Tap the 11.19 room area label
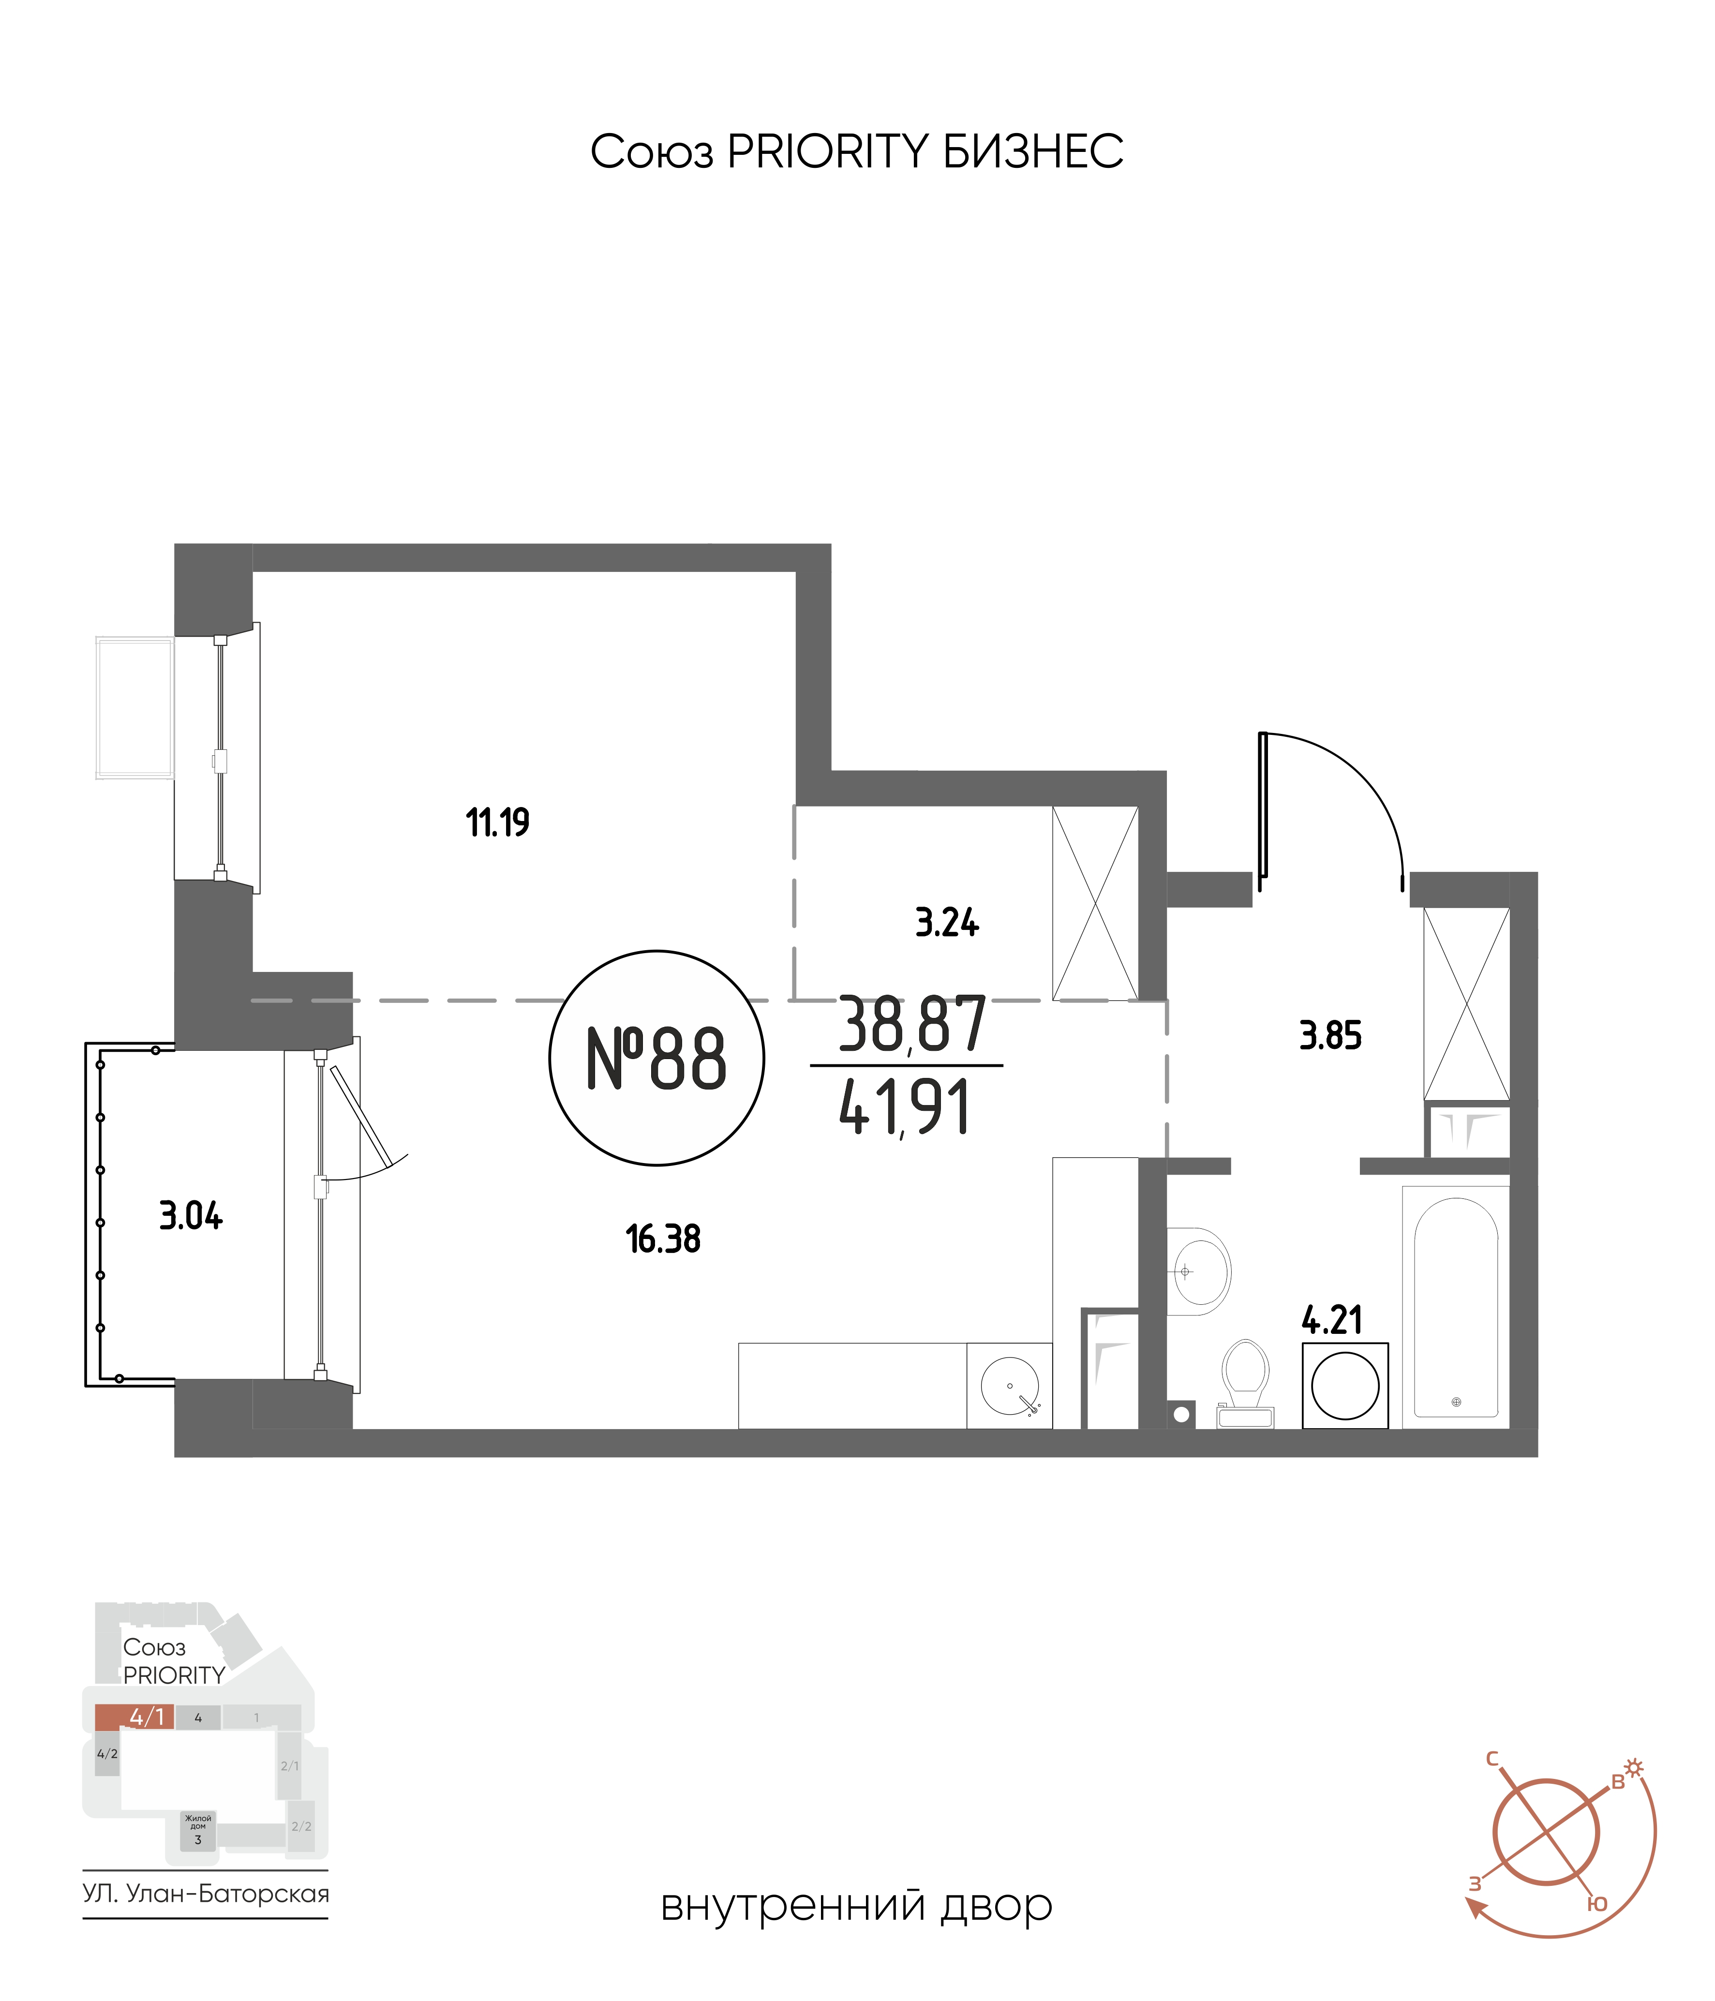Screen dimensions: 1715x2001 [x=497, y=823]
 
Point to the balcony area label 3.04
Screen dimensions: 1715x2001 [x=191, y=1216]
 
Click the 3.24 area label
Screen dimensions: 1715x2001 [x=947, y=923]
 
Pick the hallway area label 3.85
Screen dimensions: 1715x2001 [x=1331, y=1036]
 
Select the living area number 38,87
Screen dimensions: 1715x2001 [x=911, y=1026]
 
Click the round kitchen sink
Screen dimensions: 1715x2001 [x=1010, y=1386]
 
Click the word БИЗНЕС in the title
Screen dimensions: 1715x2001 [x=1033, y=151]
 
